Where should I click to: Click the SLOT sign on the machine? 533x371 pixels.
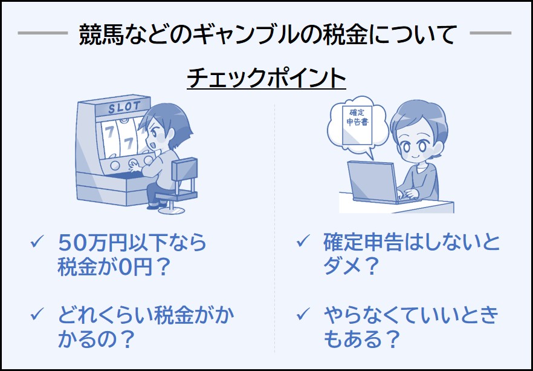tap(124, 107)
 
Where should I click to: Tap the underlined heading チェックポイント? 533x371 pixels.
tap(266, 78)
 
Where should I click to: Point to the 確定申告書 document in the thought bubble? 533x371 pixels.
tap(358, 125)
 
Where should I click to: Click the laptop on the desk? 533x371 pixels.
tap(375, 182)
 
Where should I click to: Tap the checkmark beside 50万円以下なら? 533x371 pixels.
tap(37, 242)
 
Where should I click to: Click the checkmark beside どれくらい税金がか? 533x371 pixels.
tap(37, 315)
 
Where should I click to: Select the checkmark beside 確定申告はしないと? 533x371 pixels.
tap(303, 242)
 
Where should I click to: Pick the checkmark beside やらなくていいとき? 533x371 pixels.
tap(303, 315)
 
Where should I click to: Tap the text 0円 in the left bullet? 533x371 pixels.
tap(134, 268)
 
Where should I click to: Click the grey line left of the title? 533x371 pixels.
tap(43, 33)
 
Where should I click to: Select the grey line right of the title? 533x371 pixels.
tap(491, 33)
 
